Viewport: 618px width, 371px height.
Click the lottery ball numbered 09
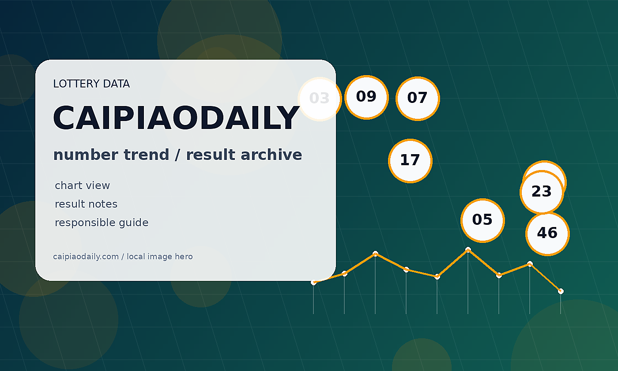pos(366,97)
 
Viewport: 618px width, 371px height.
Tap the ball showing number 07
pos(418,98)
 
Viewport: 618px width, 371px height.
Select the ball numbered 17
pos(410,161)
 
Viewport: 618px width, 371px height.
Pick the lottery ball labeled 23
pos(542,192)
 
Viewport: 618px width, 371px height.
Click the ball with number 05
pos(482,220)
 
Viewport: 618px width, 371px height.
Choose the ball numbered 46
pos(548,234)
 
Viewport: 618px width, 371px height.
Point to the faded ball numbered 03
pos(320,99)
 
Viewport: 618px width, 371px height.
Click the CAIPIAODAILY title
pos(176,118)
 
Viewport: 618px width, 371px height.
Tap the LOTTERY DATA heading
pos(91,84)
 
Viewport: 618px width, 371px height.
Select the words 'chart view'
pos(82,185)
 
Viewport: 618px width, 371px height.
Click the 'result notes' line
pos(86,204)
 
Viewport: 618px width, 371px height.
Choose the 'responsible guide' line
pos(102,223)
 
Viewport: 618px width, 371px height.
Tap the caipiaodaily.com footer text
pos(123,257)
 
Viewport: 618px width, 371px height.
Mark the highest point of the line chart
pos(468,250)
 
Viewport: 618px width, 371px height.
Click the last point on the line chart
pos(561,291)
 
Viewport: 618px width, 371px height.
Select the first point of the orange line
pos(313,282)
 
